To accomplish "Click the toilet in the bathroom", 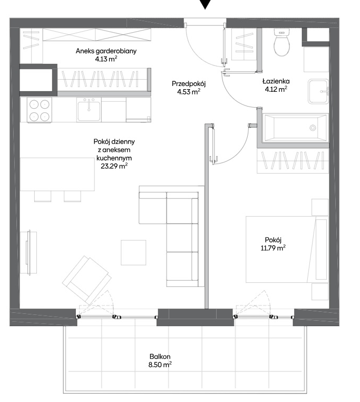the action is pos(282,42).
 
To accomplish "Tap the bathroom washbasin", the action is pos(318,91).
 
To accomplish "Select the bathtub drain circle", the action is pos(313,128).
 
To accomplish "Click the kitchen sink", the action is pos(89,110).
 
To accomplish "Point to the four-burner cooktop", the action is pos(39,110).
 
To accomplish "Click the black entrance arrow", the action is pos(205,4).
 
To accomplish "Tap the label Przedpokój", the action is pos(189,83).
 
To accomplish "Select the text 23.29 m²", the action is pos(114,166).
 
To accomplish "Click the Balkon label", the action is pos(160,356).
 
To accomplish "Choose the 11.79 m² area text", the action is pos(273,248).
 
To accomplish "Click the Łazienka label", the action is pos(276,81).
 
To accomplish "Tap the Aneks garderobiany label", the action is pos(106,51).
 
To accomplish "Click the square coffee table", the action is pos(133,253).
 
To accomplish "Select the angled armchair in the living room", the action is pos(87,280).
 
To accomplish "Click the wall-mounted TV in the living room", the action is pos(28,252).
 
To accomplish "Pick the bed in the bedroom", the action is pos(287,249).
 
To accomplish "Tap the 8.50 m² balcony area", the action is pos(160,365).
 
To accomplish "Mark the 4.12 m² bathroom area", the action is pos(276,89).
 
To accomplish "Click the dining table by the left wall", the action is pos(57,174).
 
